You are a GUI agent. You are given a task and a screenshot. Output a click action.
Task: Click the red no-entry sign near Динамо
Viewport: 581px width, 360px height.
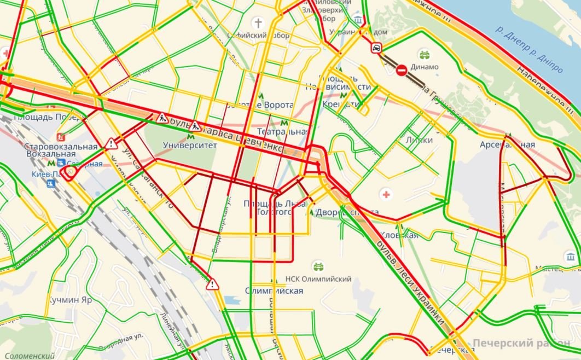(401, 69)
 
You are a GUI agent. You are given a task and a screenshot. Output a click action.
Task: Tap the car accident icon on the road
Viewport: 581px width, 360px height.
(376, 48)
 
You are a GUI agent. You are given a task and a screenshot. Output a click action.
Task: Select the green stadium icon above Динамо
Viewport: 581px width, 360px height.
(423, 54)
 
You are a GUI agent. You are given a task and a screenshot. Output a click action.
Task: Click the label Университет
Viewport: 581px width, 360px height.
(190, 146)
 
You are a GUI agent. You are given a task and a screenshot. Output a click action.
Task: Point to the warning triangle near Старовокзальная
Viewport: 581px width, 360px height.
(112, 144)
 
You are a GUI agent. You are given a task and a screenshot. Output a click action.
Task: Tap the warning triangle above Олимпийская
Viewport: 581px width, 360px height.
(212, 284)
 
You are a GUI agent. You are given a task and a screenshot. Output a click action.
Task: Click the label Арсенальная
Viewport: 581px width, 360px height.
(507, 145)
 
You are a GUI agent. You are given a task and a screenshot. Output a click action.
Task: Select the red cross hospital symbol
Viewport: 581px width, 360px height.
(386, 195)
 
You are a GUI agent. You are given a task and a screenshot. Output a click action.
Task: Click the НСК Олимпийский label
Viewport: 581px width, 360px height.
(318, 280)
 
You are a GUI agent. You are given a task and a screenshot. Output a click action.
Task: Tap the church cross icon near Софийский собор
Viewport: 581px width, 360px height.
(257, 23)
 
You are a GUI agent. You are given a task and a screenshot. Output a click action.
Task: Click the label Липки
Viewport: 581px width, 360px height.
(419, 140)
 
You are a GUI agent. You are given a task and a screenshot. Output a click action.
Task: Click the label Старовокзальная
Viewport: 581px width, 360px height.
(60, 146)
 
